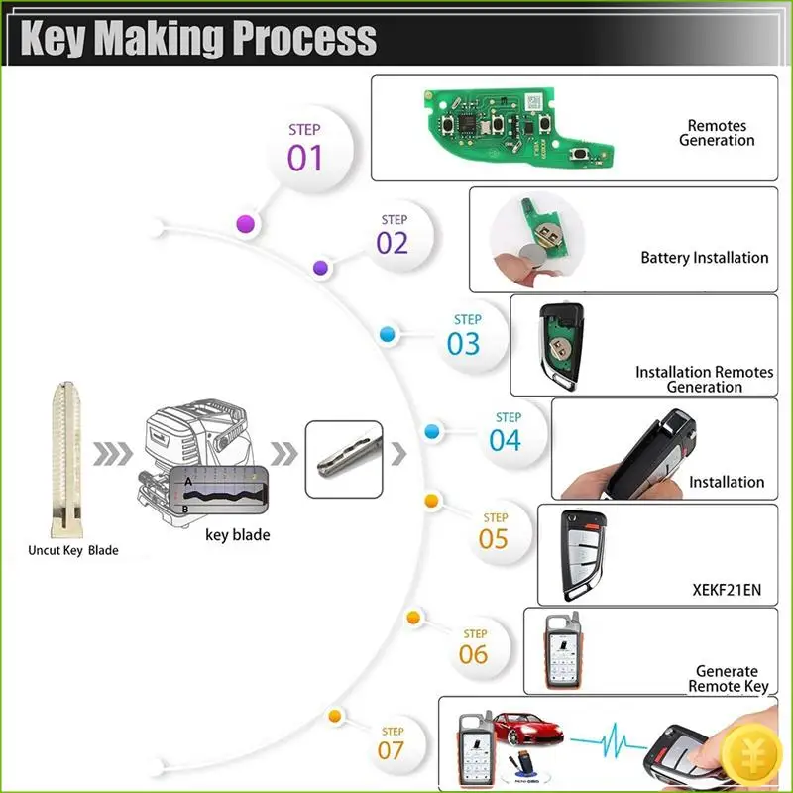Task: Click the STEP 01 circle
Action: point(305,149)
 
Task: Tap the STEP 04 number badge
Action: point(506,432)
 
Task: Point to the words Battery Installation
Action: point(704,258)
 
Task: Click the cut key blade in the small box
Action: point(343,456)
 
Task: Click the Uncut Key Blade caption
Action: point(72,550)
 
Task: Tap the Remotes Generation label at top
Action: point(717,133)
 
